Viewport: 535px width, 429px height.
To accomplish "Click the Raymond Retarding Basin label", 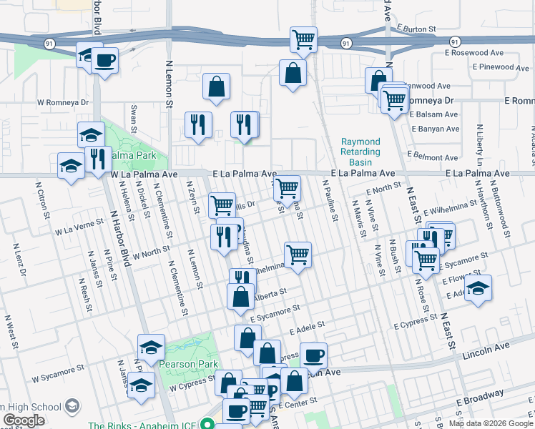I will (360, 147).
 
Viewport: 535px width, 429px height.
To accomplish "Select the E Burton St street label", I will (414, 29).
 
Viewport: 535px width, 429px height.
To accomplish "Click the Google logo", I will (24, 420).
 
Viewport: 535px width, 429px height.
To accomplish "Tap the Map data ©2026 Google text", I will (491, 423).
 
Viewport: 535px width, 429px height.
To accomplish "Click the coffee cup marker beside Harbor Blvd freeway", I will (104, 61).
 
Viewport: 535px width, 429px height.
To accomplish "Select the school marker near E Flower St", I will (478, 288).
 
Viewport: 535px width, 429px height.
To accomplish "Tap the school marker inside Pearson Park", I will (151, 347).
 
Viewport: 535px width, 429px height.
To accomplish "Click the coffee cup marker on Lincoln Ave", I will (313, 355).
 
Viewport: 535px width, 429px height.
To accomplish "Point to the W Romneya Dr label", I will (64, 102).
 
